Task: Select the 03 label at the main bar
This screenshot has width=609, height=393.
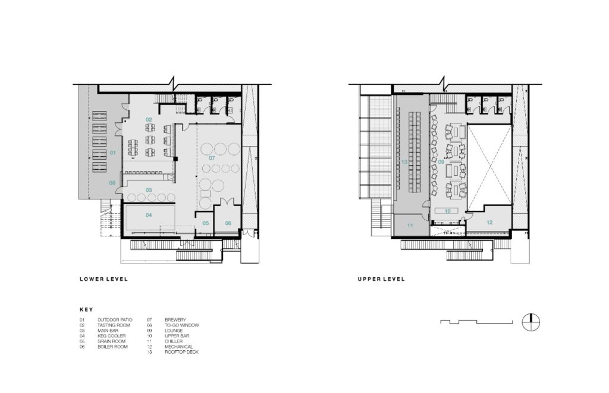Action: (x=149, y=190)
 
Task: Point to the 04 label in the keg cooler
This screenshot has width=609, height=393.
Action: (x=149, y=215)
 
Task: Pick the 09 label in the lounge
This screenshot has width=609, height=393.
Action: (x=441, y=161)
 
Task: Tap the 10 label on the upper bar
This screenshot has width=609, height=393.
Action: (x=447, y=211)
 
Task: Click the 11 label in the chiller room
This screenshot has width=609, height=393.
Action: (x=410, y=226)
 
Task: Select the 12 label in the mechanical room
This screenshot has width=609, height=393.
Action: (x=489, y=223)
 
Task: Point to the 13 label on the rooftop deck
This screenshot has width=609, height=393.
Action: (x=404, y=161)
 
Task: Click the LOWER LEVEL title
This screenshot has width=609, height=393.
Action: (x=103, y=279)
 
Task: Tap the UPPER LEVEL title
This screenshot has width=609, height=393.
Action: (x=381, y=279)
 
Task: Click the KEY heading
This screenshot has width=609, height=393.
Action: (x=86, y=309)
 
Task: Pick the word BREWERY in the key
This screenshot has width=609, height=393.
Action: (x=175, y=320)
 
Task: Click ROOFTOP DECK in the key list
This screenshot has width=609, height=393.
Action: (x=181, y=352)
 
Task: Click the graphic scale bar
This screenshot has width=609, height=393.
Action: (x=476, y=321)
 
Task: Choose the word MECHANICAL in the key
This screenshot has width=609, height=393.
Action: (x=178, y=347)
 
